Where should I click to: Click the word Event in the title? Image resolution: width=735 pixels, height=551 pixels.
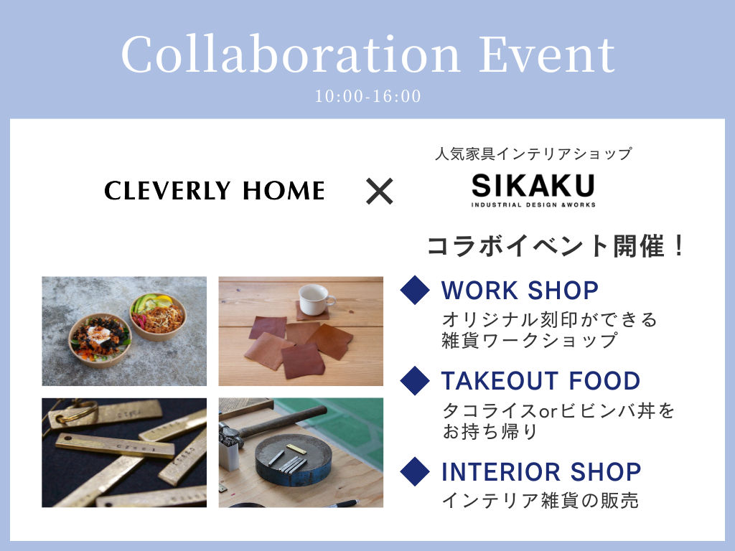[x=546, y=55]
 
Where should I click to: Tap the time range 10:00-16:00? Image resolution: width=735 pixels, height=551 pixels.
[x=368, y=96]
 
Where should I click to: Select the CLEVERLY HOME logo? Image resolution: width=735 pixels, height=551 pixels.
[x=214, y=191]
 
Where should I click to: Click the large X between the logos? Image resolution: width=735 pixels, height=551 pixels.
[x=379, y=192]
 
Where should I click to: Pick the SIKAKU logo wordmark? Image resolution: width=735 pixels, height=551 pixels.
[x=533, y=186]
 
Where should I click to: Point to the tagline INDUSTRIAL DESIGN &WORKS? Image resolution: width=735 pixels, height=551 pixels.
[x=533, y=204]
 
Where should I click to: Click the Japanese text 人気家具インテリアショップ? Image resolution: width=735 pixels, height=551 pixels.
[x=533, y=154]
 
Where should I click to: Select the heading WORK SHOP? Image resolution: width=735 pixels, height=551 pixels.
[x=520, y=291]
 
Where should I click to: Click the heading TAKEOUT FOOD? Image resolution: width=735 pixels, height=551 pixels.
[x=541, y=380]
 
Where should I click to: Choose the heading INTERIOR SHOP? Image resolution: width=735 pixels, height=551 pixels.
[x=541, y=472]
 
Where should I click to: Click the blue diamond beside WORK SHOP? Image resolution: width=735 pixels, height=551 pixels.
[x=415, y=291]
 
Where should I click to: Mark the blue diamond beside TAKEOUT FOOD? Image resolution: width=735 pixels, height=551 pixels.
[x=415, y=380]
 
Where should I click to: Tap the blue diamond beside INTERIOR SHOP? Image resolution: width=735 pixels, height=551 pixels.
[x=415, y=471]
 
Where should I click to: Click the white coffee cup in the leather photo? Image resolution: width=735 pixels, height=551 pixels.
[x=316, y=300]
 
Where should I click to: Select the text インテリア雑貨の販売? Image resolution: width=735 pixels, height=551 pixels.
[x=540, y=500]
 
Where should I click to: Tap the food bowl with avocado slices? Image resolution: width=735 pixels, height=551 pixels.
[x=157, y=316]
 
